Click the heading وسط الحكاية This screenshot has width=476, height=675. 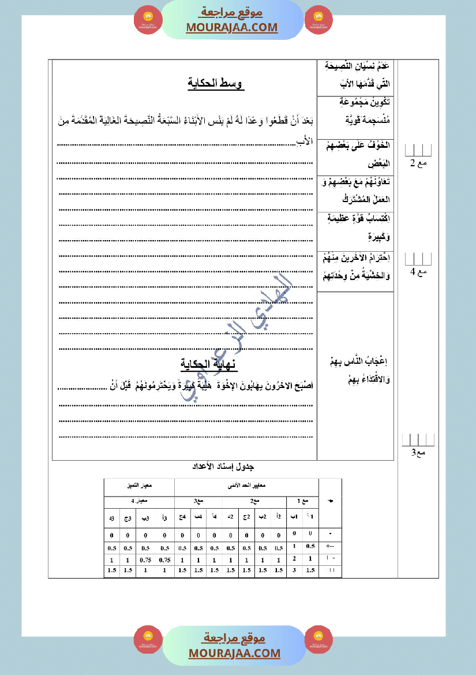point(216,84)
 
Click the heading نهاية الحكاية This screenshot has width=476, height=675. point(209,364)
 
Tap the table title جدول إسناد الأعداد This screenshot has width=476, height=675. point(223,466)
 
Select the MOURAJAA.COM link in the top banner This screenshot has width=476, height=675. point(231,27)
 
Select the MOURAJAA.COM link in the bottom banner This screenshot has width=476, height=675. point(234,653)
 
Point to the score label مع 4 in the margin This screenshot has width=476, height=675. point(418,272)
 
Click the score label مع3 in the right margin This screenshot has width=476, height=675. point(418,452)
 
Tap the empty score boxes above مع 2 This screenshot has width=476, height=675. point(418,150)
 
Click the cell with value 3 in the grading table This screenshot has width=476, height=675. point(294,570)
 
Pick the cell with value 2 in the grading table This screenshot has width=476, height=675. point(294,558)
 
